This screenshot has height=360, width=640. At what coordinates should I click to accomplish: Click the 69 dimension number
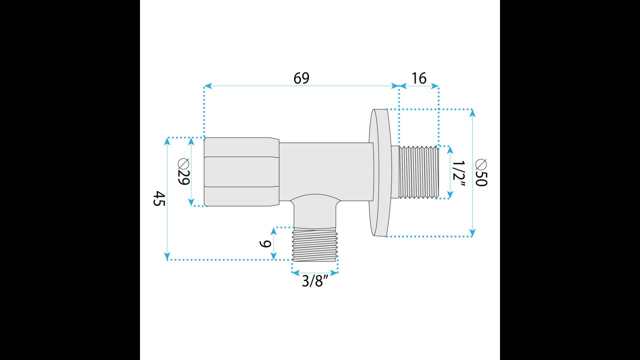coord(301,78)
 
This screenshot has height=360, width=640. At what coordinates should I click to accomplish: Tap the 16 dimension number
coord(419,78)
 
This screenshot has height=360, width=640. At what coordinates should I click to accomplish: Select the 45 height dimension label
coord(159,198)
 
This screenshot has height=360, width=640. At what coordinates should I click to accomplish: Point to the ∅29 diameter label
coord(183,171)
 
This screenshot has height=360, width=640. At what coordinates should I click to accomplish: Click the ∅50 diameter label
coord(481,172)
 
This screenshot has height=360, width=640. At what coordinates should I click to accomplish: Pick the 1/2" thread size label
coord(459,173)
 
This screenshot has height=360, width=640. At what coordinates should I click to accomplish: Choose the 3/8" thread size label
coord(315,281)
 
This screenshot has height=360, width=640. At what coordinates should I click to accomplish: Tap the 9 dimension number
coord(265,243)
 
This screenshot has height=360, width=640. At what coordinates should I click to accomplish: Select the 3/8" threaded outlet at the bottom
coord(315,244)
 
